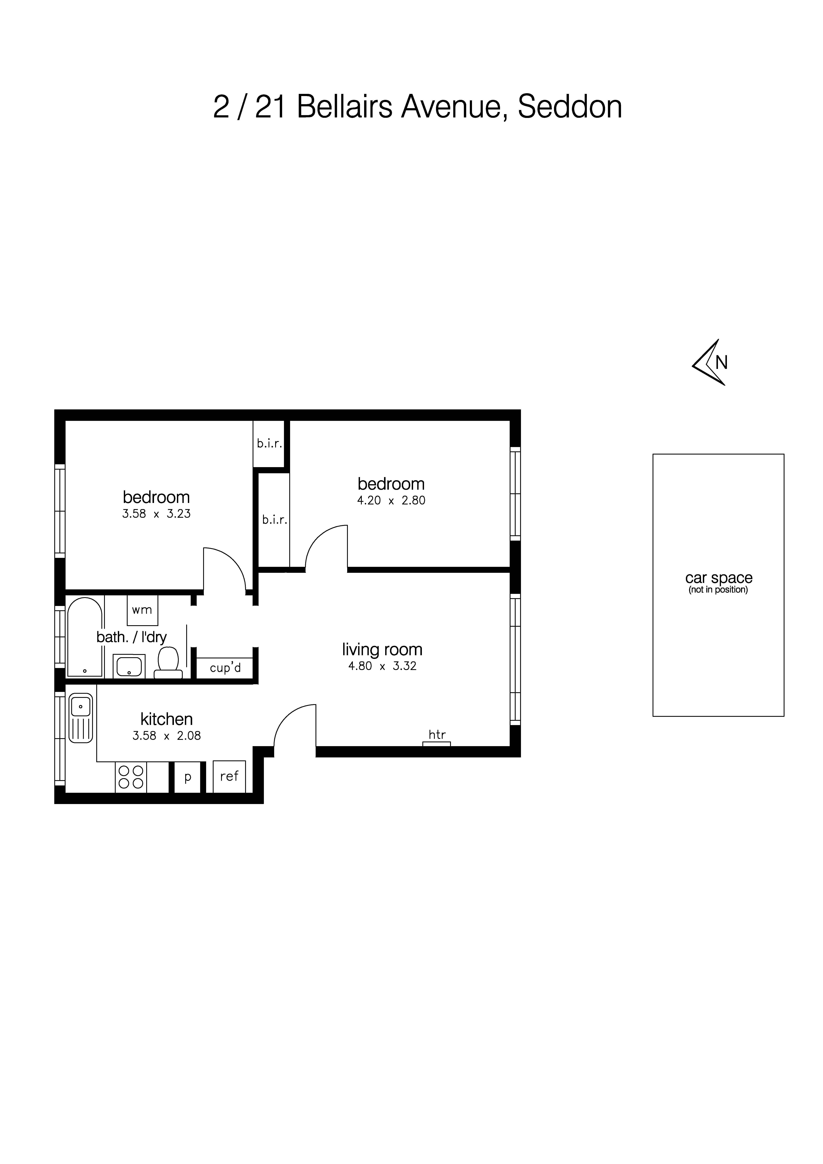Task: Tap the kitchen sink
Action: click(x=81, y=717)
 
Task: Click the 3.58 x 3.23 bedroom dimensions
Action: click(x=156, y=514)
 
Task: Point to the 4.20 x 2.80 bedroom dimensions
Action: click(x=391, y=500)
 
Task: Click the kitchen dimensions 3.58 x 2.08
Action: click(x=166, y=736)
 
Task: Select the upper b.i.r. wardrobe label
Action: click(x=269, y=444)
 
